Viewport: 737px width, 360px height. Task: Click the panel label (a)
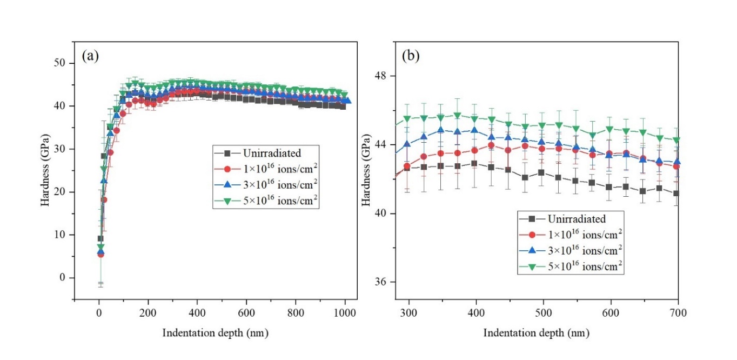(x=90, y=56)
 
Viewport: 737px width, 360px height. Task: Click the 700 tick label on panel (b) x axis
(x=678, y=312)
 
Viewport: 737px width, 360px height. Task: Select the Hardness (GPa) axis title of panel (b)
(x=367, y=170)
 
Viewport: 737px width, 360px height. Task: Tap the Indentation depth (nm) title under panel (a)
(x=215, y=333)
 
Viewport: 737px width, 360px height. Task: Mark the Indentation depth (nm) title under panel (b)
(x=536, y=333)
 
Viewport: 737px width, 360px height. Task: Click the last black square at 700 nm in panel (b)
(x=676, y=193)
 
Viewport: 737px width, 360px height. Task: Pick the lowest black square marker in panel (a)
(x=100, y=238)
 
